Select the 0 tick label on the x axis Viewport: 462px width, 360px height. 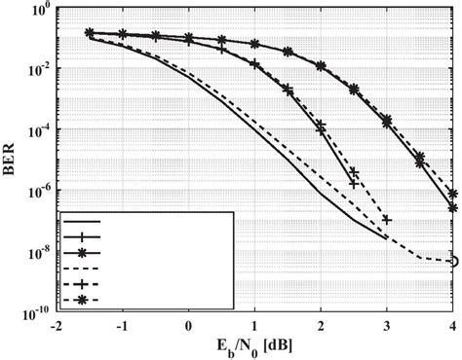coord(189,325)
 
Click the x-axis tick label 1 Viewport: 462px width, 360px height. coord(255,325)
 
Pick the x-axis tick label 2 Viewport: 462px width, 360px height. coord(322,325)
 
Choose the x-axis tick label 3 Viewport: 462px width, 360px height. coord(388,325)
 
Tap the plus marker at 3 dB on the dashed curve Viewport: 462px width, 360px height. coord(388,220)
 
